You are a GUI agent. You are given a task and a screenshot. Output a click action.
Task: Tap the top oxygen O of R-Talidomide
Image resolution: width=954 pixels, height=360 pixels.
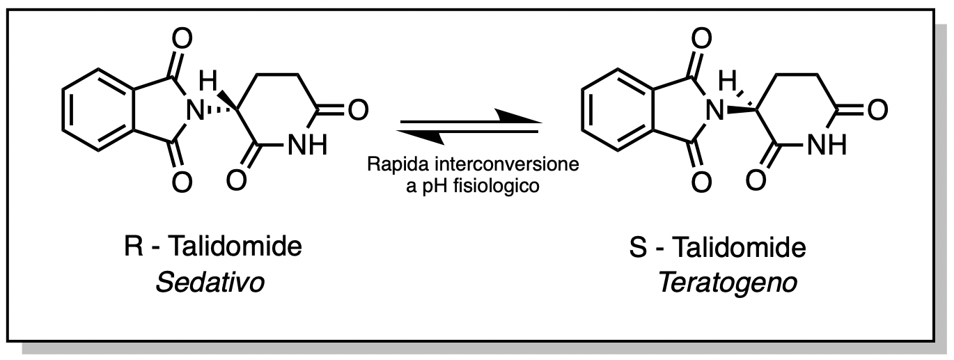click(x=180, y=37)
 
